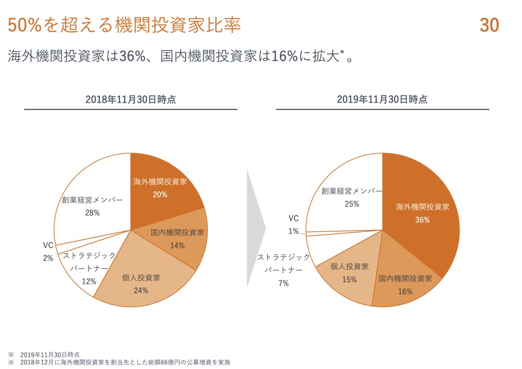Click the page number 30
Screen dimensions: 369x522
(489, 25)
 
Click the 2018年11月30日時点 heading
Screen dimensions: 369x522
(130, 99)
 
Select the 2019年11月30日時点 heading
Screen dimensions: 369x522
(382, 99)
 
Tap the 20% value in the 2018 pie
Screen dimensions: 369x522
(160, 195)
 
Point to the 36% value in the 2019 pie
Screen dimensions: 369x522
(422, 220)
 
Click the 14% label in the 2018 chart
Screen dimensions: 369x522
(177, 246)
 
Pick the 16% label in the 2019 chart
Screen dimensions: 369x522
(405, 292)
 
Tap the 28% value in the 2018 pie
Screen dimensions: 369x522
(93, 212)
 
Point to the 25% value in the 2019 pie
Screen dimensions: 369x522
(352, 204)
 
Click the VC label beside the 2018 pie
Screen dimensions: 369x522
(48, 246)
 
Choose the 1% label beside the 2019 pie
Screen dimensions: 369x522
(294, 231)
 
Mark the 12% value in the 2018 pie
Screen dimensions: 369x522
(89, 281)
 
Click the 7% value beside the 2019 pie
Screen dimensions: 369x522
(283, 283)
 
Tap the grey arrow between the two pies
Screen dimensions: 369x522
(256, 229)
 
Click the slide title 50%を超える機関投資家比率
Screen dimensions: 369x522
(124, 25)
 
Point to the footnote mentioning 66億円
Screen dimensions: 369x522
(125, 362)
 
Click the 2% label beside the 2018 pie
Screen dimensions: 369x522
(48, 258)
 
